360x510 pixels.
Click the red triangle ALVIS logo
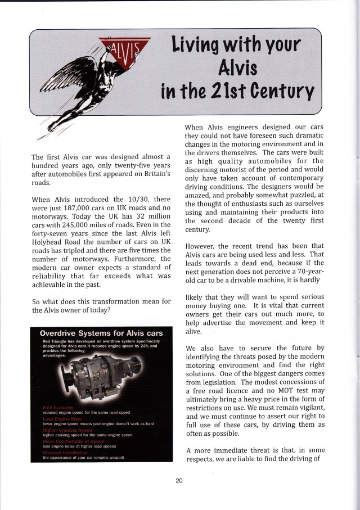(124, 48)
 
